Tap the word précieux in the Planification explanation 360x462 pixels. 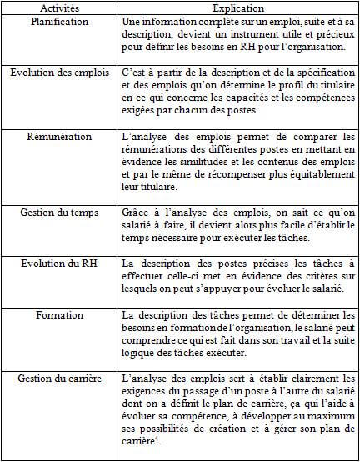[x=327, y=35]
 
